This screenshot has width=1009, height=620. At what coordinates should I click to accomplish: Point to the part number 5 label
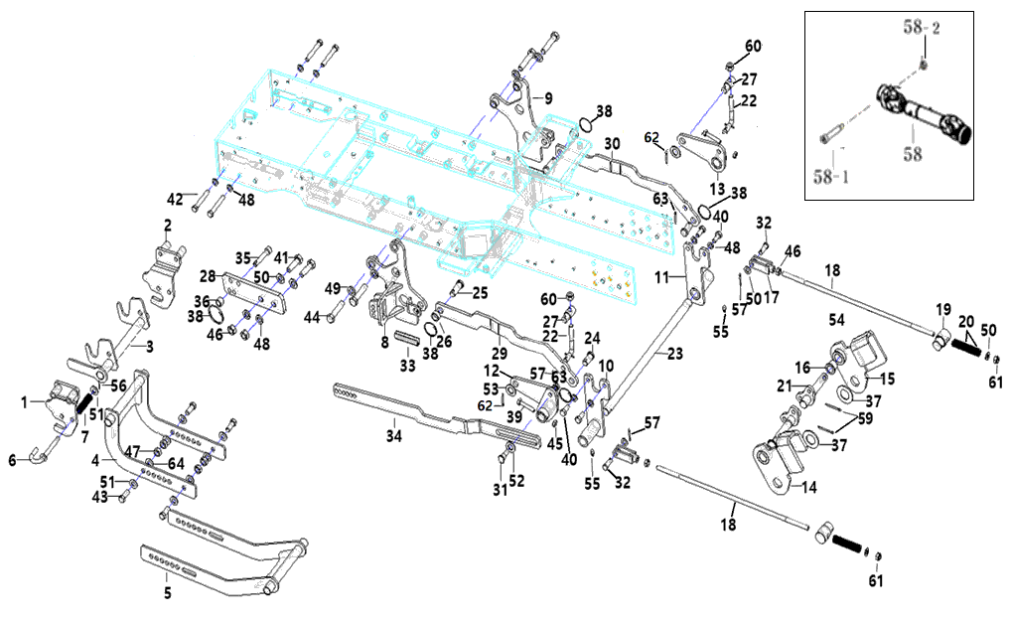pyautogui.click(x=167, y=593)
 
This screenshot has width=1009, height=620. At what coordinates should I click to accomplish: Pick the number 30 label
pyautogui.click(x=612, y=143)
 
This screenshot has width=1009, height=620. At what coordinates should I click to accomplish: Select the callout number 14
pyautogui.click(x=809, y=488)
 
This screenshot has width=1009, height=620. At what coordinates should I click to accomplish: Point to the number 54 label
pyautogui.click(x=836, y=321)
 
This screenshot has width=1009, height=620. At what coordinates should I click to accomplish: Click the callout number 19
pyautogui.click(x=942, y=310)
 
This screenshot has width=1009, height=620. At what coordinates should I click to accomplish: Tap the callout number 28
pyautogui.click(x=207, y=275)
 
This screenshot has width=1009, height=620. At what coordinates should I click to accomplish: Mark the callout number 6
pyautogui.click(x=13, y=460)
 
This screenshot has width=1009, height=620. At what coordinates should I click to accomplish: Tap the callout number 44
pyautogui.click(x=311, y=317)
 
